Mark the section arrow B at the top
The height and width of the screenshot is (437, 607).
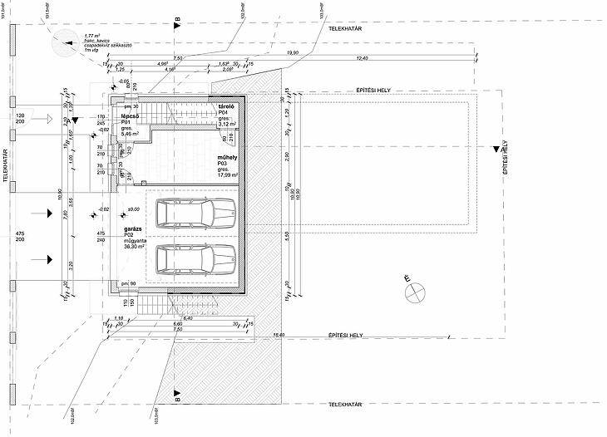pyautogui.click(x=176, y=27)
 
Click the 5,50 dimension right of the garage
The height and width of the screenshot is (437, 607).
pyautogui.click(x=287, y=237)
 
